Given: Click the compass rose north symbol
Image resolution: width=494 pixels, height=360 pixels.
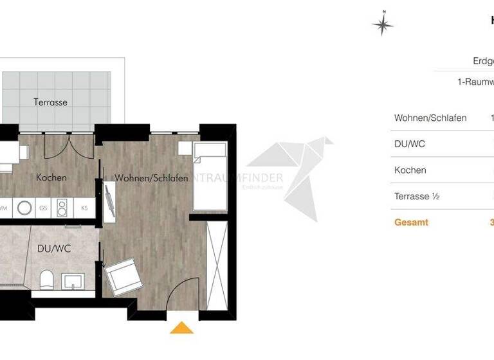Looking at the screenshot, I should tap(383, 24).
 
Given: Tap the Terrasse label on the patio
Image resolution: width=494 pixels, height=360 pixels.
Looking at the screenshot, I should tap(50, 102).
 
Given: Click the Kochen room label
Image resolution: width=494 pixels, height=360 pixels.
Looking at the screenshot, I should tap(51, 177).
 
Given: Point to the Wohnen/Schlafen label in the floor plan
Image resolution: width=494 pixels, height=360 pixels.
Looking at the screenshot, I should tap(151, 178).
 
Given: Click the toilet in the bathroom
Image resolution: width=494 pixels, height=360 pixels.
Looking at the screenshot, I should tap(46, 280).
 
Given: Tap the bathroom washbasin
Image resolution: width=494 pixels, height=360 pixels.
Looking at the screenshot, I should tap(73, 280).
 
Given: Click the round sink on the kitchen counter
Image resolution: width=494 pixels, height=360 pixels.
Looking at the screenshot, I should tap(25, 208).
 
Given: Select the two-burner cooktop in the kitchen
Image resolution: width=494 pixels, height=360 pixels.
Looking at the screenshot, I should tap(62, 208).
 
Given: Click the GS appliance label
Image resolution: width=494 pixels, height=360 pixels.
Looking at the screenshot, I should tap(44, 208).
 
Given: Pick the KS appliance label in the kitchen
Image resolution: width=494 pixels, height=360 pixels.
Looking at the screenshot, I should tap(84, 208).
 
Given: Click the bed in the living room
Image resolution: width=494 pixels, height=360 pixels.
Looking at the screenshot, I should tap(210, 177).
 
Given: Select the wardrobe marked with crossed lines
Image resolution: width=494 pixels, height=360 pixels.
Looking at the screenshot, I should tap(215, 264).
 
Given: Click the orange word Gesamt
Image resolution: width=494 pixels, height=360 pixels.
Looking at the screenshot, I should tap(411, 222).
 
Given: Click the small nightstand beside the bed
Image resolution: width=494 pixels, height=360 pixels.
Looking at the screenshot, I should tap(185, 148).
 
